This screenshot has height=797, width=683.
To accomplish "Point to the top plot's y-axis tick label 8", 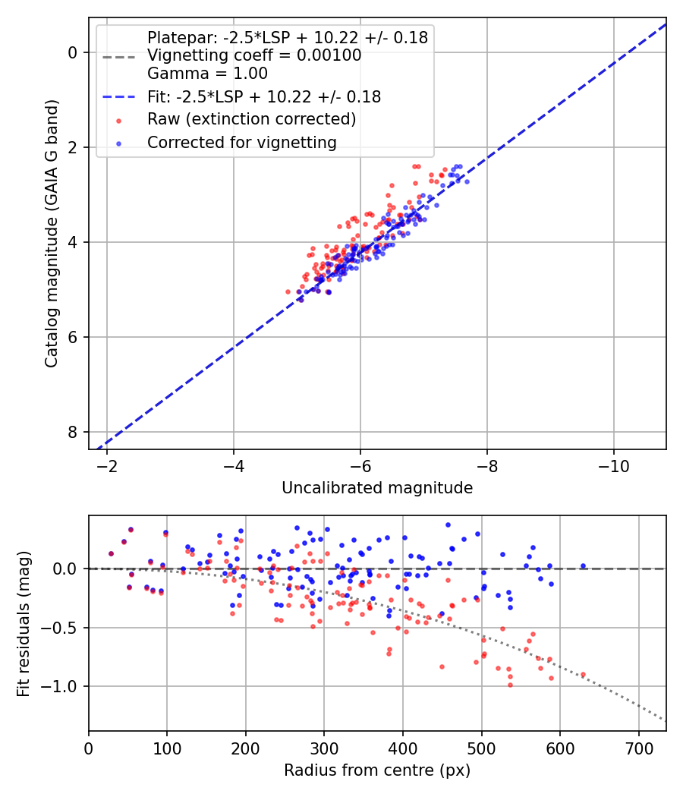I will (73, 432).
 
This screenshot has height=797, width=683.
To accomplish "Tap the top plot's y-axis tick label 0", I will (73, 52).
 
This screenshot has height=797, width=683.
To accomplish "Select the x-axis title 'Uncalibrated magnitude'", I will (377, 488).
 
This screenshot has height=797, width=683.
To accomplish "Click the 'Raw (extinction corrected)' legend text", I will (251, 119).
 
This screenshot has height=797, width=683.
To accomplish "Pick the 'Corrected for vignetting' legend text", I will (242, 142).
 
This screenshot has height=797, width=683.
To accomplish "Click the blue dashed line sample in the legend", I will (118, 97).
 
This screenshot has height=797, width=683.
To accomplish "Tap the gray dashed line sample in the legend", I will (118, 56).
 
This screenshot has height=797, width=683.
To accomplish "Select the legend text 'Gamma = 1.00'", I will (207, 74).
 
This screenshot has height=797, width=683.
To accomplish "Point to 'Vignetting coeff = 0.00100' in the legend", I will (254, 55).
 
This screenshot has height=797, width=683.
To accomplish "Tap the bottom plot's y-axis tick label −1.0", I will (63, 686).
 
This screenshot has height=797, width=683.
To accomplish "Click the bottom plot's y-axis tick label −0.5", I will (63, 628).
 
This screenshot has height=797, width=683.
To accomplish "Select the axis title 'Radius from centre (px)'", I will (377, 770).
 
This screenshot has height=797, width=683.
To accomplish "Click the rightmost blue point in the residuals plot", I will (583, 565).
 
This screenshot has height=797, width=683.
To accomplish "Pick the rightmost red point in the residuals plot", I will (583, 674).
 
